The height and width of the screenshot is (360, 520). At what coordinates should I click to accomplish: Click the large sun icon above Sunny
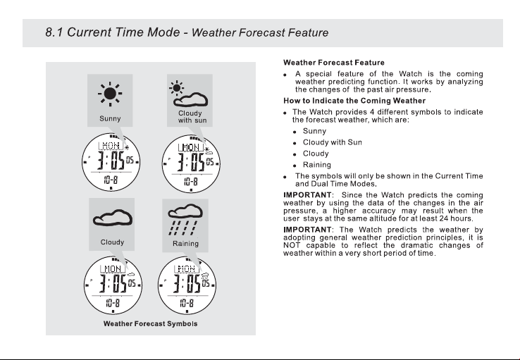pyautogui.click(x=110, y=94)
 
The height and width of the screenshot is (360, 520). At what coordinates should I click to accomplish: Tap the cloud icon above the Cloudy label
pyautogui.click(x=113, y=218)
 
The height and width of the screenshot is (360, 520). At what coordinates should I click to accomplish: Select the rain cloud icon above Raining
pyautogui.click(x=185, y=219)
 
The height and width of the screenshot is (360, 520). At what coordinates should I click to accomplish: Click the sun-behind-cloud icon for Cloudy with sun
pyautogui.click(x=188, y=94)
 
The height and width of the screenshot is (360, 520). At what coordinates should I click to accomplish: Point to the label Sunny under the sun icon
pyautogui.click(x=110, y=118)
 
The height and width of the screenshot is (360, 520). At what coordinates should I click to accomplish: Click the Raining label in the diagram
pyautogui.click(x=185, y=244)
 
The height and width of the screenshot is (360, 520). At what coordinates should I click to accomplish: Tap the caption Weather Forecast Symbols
pyautogui.click(x=150, y=323)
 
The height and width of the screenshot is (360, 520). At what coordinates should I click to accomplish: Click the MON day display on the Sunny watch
pyautogui.click(x=111, y=146)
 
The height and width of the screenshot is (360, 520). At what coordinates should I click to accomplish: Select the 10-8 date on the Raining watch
pyautogui.click(x=187, y=303)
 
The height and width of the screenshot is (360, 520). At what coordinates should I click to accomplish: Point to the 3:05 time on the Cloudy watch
pyautogui.click(x=113, y=284)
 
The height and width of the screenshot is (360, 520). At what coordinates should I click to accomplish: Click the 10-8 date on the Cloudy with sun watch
pyautogui.click(x=191, y=181)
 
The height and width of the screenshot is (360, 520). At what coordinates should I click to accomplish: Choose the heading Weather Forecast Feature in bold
pyautogui.click(x=334, y=63)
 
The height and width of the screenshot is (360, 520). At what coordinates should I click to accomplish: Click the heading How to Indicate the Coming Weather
pyautogui.click(x=354, y=101)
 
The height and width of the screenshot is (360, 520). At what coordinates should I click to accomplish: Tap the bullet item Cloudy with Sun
pyautogui.click(x=333, y=142)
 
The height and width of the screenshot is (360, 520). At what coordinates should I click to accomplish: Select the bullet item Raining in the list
pyautogui.click(x=316, y=165)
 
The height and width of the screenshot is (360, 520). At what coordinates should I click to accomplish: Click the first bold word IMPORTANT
pyautogui.click(x=307, y=195)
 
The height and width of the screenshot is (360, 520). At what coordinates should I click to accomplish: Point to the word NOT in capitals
pyautogui.click(x=292, y=245)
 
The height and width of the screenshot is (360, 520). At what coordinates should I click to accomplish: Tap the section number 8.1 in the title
pyautogui.click(x=54, y=32)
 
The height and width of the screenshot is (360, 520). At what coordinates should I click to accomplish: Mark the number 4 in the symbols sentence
pyautogui.click(x=372, y=112)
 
